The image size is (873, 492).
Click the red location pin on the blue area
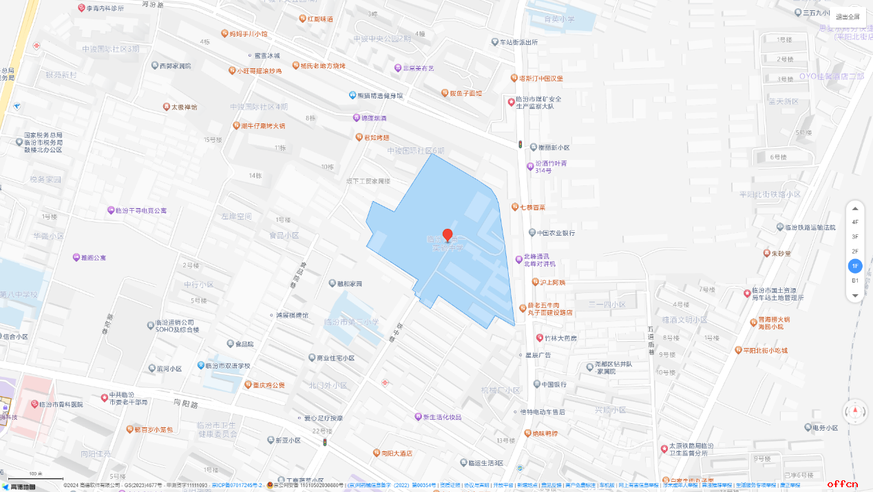[x=448, y=235]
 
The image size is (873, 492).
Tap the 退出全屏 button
[x=848, y=17]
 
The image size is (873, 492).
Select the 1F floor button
[x=855, y=266]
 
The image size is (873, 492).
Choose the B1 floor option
[x=855, y=280]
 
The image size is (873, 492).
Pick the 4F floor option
[x=855, y=222]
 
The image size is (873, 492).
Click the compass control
[x=856, y=412]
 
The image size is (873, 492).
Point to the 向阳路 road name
[x=186, y=402]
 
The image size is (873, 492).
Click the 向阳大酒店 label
[x=392, y=453]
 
